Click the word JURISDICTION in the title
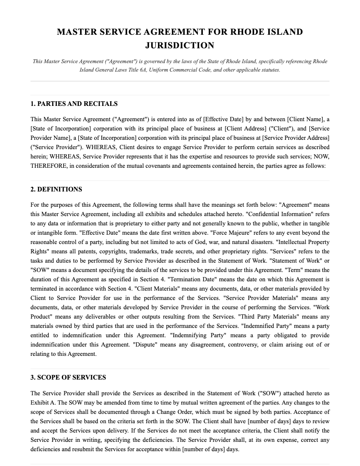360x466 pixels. (x=180, y=45)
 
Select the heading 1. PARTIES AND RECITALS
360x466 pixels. (x=74, y=104)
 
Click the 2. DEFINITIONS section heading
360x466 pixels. (x=56, y=189)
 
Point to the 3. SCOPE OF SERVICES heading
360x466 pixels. (x=68, y=377)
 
